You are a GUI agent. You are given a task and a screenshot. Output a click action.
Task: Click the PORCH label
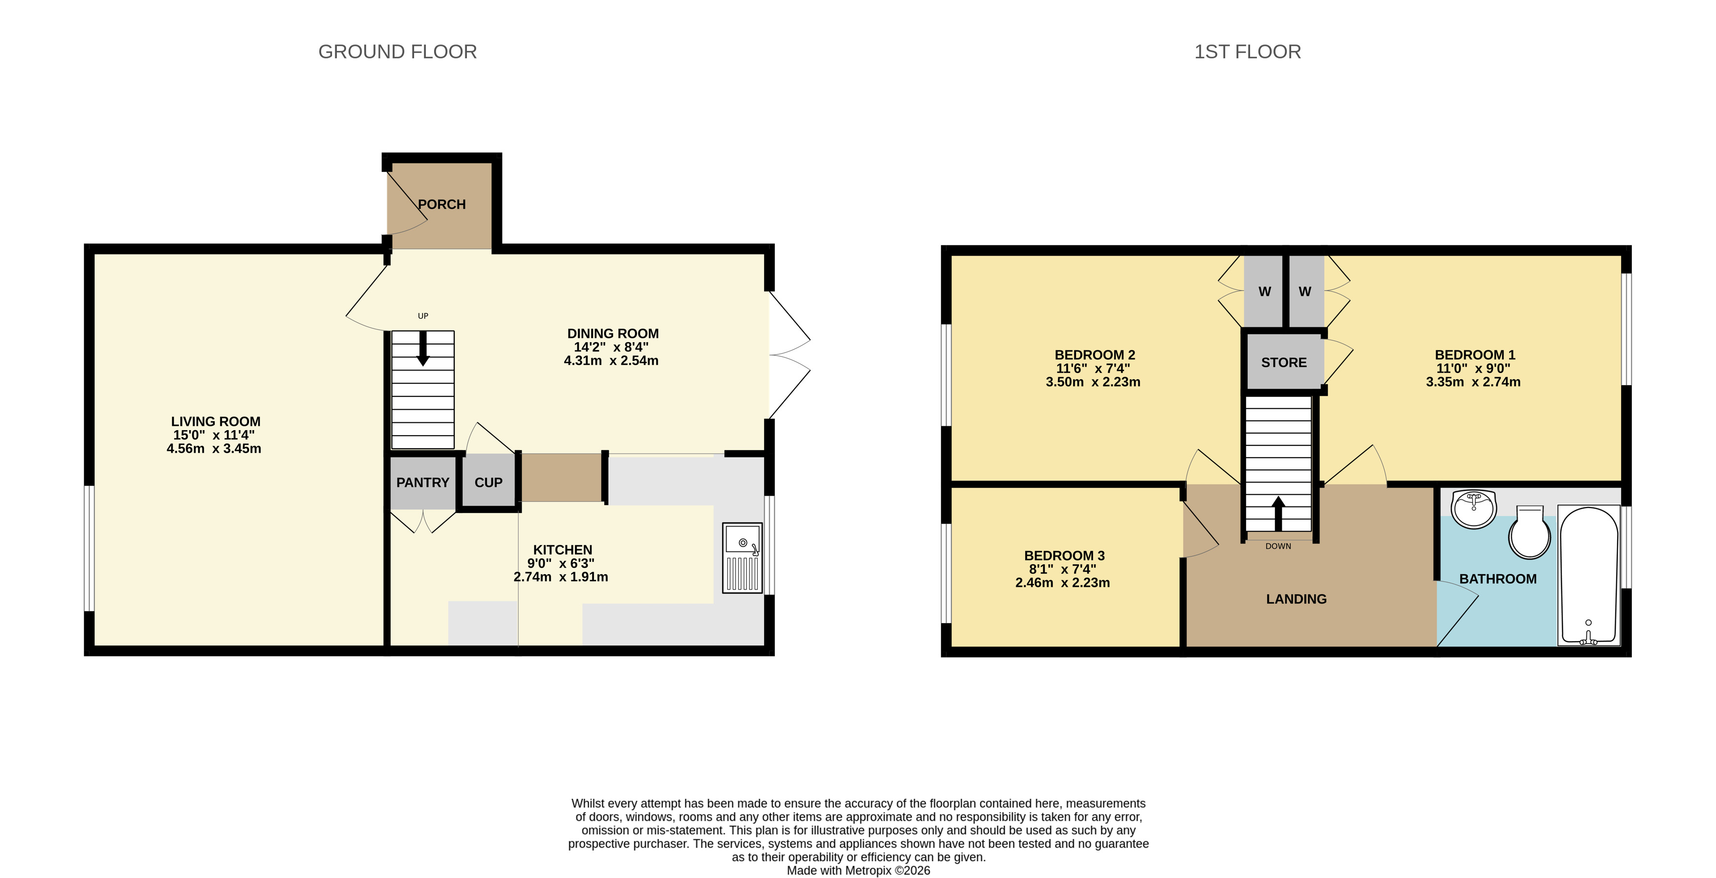(441, 205)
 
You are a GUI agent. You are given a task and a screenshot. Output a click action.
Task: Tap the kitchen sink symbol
(742, 557)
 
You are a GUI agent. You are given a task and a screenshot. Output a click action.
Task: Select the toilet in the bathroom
(1529, 533)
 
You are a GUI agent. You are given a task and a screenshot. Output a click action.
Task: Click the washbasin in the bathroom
(1474, 508)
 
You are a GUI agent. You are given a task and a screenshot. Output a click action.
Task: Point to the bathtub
(1589, 576)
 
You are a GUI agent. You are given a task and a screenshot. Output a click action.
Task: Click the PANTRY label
(422, 483)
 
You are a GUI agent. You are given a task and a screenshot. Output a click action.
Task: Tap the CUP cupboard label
(488, 483)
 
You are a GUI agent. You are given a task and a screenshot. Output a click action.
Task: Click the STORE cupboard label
(1284, 363)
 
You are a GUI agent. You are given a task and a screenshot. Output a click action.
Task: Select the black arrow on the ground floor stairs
(423, 348)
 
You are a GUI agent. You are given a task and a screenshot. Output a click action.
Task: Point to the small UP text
(423, 316)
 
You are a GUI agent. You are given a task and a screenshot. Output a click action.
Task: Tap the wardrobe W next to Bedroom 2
(1264, 291)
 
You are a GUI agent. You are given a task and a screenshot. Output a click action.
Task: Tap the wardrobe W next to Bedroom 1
(1305, 291)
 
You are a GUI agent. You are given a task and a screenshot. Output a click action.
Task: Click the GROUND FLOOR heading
(397, 52)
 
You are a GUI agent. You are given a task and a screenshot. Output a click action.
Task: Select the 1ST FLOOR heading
(1247, 52)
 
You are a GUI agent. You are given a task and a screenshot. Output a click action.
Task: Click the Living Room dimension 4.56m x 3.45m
(214, 449)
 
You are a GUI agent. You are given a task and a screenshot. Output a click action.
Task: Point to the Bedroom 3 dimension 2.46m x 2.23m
(1062, 583)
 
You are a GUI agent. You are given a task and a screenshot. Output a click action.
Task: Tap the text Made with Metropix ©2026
(858, 871)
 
